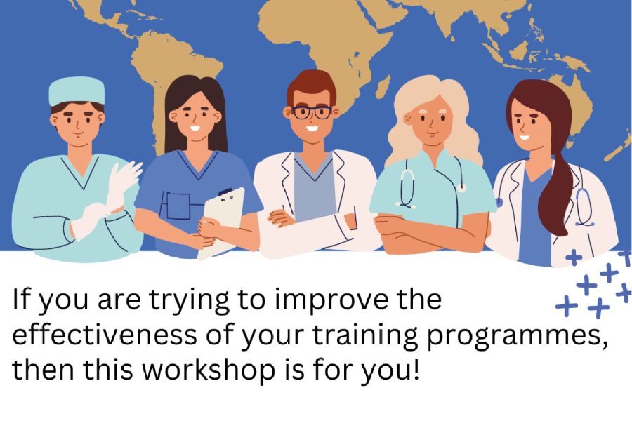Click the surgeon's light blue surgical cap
77,91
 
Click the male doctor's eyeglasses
312,112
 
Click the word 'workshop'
209,369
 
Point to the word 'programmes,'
517,336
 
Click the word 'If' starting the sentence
20,300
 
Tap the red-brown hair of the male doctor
311,86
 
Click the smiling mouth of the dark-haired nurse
195,129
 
